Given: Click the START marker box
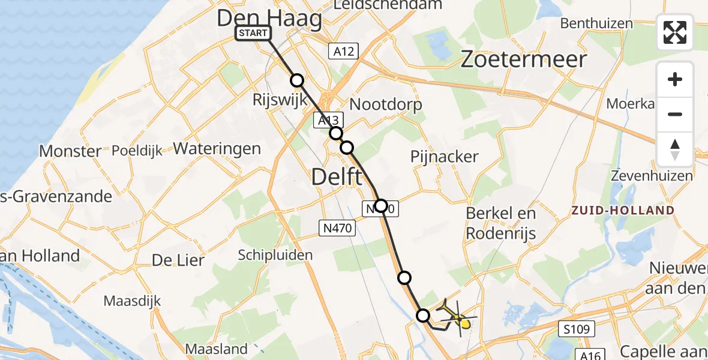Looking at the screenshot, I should click(x=253, y=33).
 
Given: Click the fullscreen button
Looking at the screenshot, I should click(x=675, y=32).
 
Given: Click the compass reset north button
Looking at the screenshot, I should click(x=675, y=149).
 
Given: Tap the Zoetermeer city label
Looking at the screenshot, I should click(x=523, y=59).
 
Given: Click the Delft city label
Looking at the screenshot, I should click(x=337, y=177).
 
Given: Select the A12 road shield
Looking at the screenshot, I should click(x=343, y=52).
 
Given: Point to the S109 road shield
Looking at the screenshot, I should click(x=578, y=329).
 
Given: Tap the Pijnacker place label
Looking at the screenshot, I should click(x=445, y=157).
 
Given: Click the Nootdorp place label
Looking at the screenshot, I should click(x=386, y=104).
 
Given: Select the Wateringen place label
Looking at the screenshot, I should click(x=217, y=149).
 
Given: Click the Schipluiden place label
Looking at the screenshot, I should click(x=275, y=255).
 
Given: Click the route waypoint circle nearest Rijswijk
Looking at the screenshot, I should click(x=297, y=80).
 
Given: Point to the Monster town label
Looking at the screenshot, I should click(x=70, y=151).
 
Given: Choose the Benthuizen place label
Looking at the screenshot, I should click(x=596, y=23).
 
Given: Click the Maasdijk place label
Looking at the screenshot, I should click(x=131, y=300).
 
